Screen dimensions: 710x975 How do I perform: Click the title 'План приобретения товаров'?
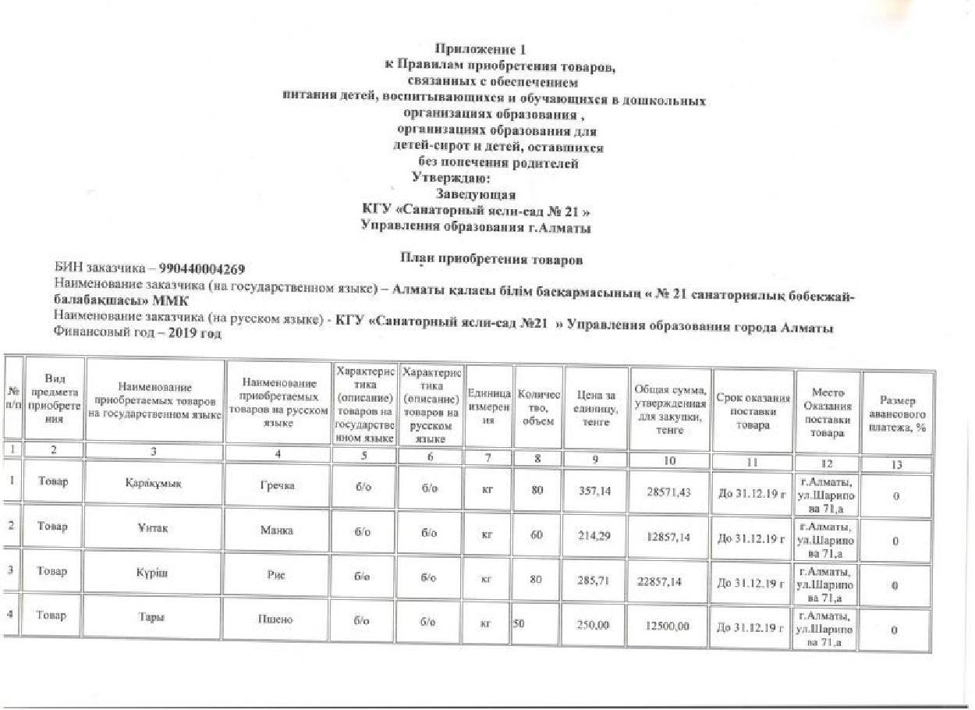(x=491, y=258)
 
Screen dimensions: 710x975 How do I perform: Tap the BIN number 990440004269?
(x=202, y=269)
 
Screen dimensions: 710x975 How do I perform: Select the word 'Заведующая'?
(x=476, y=194)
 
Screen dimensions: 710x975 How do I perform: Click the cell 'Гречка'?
(x=277, y=486)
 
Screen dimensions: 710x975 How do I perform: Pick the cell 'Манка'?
(x=277, y=531)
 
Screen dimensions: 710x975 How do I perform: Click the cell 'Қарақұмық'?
(x=153, y=483)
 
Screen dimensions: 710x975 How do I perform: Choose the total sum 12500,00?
(x=668, y=626)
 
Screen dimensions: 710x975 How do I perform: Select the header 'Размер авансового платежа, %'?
(x=897, y=414)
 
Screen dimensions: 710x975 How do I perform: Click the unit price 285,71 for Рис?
(x=594, y=580)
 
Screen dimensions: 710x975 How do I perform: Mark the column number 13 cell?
(x=897, y=464)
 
